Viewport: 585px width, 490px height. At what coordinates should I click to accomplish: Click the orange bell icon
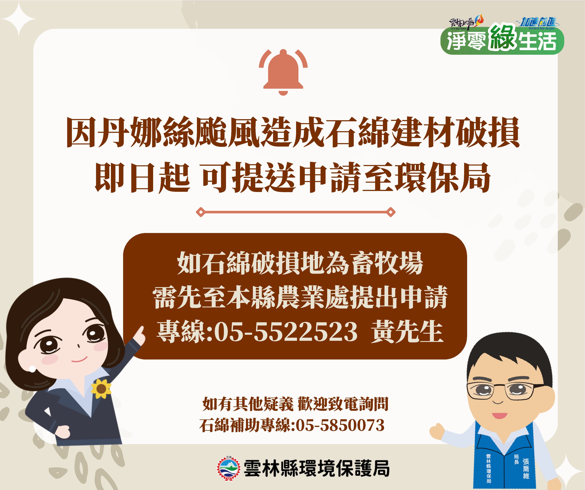(x=283, y=72)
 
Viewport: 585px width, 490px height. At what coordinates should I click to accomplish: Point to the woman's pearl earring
(x=32, y=369)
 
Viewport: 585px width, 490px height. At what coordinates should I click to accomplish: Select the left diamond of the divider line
(x=201, y=212)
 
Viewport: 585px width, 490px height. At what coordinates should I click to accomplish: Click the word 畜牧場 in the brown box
(x=387, y=263)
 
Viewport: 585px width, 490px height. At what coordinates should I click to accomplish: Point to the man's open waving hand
(x=437, y=431)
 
